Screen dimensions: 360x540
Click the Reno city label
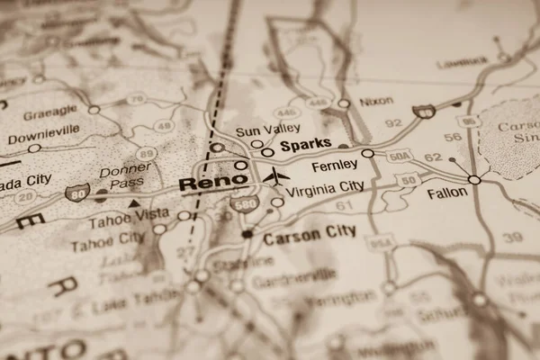(x=212, y=183)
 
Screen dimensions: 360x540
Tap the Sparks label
(x=306, y=144)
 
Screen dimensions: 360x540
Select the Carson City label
(x=310, y=232)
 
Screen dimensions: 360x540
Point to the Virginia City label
(x=325, y=187)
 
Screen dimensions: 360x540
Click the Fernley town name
(x=334, y=166)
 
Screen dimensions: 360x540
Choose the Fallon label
(x=447, y=193)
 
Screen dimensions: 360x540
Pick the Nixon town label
(x=376, y=102)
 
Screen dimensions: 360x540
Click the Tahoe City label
(x=107, y=239)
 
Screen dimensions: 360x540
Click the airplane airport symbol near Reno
(x=276, y=176)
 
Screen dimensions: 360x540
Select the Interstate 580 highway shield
(x=244, y=204)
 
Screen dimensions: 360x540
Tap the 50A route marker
(x=400, y=157)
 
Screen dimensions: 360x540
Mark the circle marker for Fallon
(x=474, y=179)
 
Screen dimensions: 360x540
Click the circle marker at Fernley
(x=367, y=154)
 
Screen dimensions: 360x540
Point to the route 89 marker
(x=146, y=154)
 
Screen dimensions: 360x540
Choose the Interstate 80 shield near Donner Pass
(x=77, y=191)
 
